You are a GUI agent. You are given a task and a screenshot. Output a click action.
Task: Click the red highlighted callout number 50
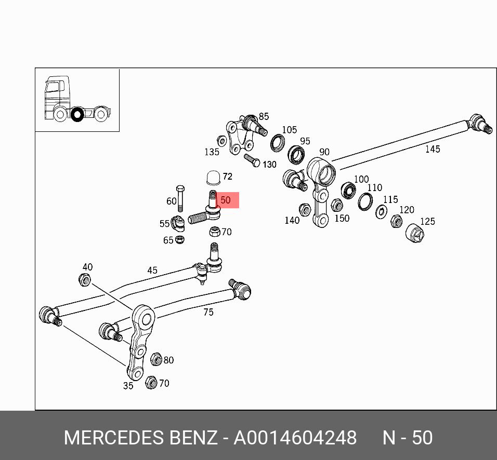226,200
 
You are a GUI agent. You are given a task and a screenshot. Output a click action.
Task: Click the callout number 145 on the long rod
433,150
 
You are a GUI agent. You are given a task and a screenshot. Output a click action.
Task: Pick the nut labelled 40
85,280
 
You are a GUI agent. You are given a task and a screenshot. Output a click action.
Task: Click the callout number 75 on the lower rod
208,312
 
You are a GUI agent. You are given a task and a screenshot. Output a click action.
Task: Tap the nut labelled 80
155,359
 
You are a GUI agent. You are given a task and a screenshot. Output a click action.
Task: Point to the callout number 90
324,152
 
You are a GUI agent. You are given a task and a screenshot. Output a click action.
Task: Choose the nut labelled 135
221,140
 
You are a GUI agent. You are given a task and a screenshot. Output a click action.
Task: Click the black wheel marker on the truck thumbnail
77,114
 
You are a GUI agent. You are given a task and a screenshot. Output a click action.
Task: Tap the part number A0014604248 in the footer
295,438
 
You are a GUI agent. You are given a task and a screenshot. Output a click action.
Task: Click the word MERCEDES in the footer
114,438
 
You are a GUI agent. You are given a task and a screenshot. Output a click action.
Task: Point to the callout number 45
152,270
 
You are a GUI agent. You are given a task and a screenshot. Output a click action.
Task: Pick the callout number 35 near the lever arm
128,386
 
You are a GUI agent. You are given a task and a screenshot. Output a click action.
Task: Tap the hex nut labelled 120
396,222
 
